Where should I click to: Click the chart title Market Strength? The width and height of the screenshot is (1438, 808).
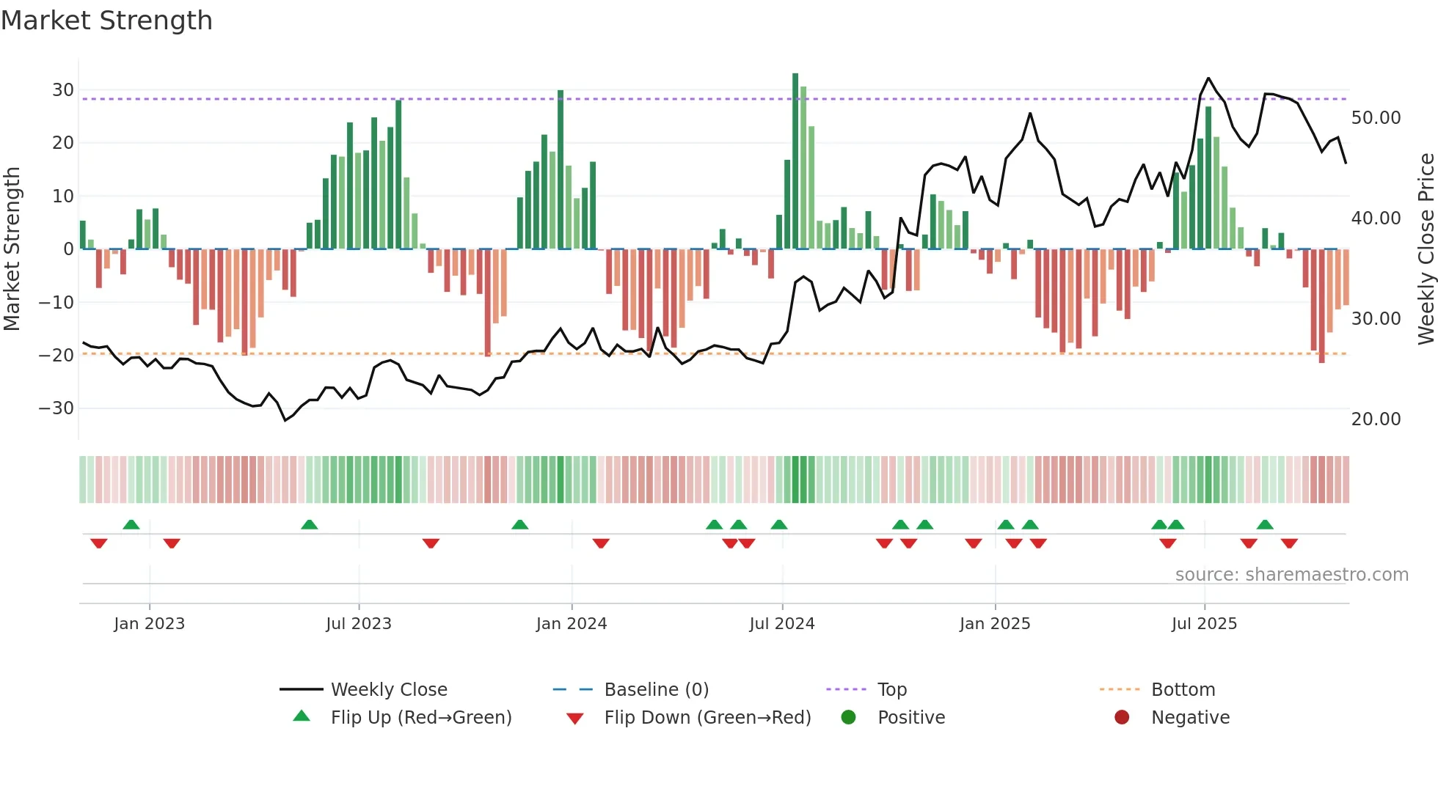coord(106,21)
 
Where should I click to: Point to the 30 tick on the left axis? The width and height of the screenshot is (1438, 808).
coord(63,90)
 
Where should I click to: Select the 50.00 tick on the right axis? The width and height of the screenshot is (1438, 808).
coord(1376,118)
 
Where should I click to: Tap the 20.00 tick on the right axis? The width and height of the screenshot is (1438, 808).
coord(1376,419)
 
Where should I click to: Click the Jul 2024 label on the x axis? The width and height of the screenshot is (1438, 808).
coord(781,624)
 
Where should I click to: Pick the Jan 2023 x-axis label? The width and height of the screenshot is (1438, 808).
coord(149,624)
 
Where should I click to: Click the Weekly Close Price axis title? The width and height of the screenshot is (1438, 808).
coord(1426,249)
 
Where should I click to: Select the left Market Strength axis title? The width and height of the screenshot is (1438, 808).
coord(12,249)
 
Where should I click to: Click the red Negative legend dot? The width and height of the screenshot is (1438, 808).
coord(1122,718)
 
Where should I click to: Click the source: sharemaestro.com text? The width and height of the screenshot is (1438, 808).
coord(1291,575)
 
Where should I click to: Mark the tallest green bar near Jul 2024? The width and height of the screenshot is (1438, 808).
coord(795,161)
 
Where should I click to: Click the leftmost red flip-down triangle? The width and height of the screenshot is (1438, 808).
coord(99,543)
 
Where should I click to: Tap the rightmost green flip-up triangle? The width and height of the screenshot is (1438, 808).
coord(1265,524)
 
